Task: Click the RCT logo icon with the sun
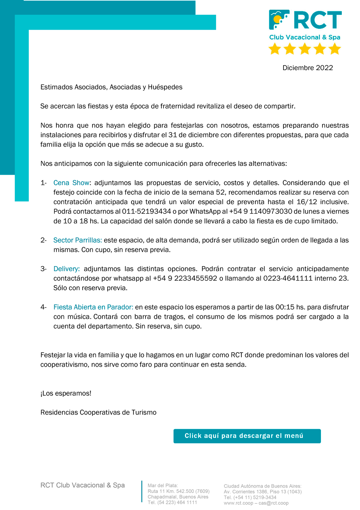279,20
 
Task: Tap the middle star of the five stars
305,49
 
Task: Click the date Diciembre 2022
307,68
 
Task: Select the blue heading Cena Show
71,183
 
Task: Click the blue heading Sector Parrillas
77,240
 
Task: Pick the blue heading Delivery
66,269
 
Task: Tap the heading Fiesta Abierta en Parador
93,307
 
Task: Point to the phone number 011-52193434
146,212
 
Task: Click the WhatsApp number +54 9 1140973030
261,212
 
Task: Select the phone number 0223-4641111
288,278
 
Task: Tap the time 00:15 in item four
285,307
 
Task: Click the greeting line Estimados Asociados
111,87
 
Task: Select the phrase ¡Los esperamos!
66,393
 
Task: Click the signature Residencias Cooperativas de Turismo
99,413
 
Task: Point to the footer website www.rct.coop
238,503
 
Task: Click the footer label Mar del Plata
163,485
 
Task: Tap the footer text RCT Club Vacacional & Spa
83,485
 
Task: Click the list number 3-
44,269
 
